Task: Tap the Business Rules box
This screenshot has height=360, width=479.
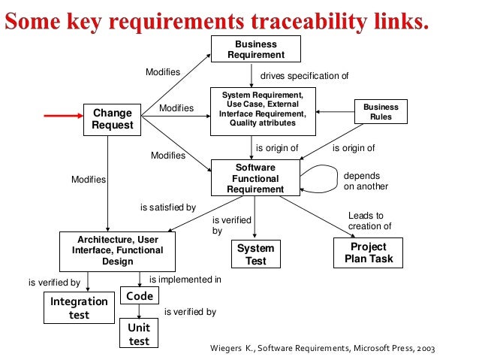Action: [381, 113]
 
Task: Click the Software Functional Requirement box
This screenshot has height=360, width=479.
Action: [255, 179]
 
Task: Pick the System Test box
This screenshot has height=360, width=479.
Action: [255, 254]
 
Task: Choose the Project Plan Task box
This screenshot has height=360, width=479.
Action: [368, 253]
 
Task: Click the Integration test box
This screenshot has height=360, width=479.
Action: [79, 307]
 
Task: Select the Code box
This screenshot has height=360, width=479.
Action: [139, 296]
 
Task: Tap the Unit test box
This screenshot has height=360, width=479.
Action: [139, 334]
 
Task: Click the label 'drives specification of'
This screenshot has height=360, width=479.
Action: [304, 77]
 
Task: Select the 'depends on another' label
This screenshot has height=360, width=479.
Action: [366, 181]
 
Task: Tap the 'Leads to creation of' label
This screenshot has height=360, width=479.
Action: [369, 221]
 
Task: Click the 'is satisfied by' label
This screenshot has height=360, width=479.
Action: [167, 207]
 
